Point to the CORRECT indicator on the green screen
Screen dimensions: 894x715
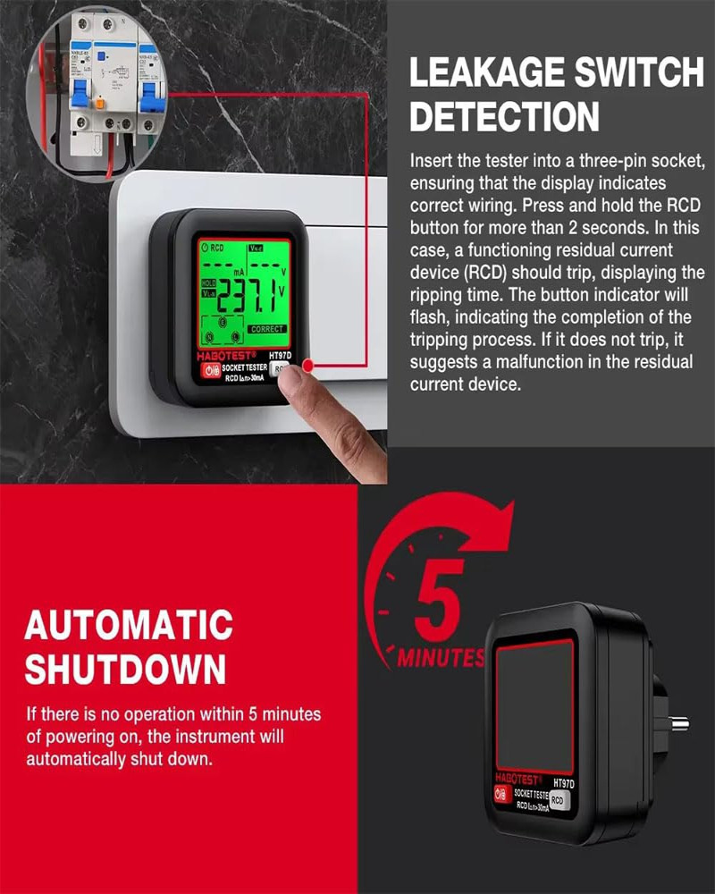click(266, 329)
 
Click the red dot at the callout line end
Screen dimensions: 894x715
click(308, 366)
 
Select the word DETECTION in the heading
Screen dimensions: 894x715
click(504, 117)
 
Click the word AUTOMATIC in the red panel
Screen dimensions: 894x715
click(129, 625)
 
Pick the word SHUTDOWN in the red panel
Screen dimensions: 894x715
click(125, 668)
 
